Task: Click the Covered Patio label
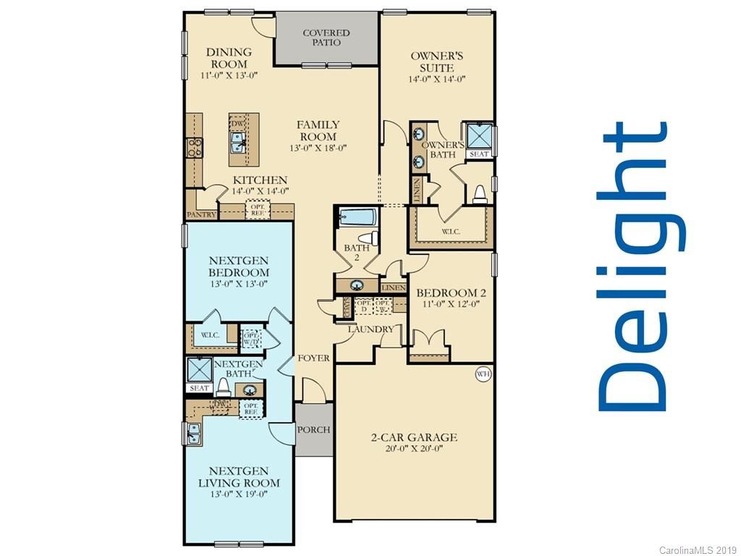pyautogui.click(x=326, y=38)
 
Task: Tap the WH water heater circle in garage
pyautogui.click(x=483, y=374)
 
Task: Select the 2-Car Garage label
pyautogui.click(x=415, y=437)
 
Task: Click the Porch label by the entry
pyautogui.click(x=313, y=429)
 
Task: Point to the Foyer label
pyautogui.click(x=313, y=358)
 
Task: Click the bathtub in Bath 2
pyautogui.click(x=355, y=217)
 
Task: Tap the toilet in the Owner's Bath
pyautogui.click(x=479, y=193)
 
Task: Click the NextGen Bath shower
pyautogui.click(x=198, y=369)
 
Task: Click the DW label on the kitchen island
pyautogui.click(x=237, y=124)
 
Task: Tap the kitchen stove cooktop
pyautogui.click(x=194, y=148)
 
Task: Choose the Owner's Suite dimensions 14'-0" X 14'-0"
pyautogui.click(x=437, y=80)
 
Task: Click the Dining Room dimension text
pyautogui.click(x=229, y=75)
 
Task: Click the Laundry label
pyautogui.click(x=370, y=329)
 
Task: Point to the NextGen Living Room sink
pyautogui.click(x=194, y=433)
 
